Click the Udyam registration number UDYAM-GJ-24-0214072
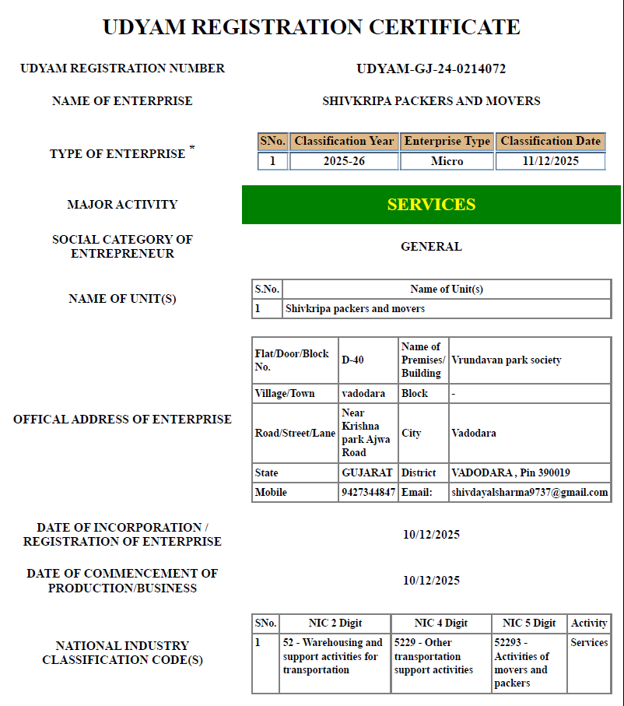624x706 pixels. pos(431,68)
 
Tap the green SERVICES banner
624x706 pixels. pos(431,205)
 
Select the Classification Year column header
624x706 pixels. pos(344,142)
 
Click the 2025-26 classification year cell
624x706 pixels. pos(344,161)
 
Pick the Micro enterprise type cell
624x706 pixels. pos(447,161)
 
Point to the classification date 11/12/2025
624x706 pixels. pos(551,161)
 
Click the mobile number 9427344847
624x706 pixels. pos(368,493)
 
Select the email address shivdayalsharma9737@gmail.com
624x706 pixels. pos(529,493)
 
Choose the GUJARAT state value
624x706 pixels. pos(367,472)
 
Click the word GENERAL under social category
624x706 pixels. pos(431,247)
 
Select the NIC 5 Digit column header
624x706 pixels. pos(529,623)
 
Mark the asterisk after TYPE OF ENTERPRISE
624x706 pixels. pos(192,148)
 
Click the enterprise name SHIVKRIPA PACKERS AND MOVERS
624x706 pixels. pos(431,101)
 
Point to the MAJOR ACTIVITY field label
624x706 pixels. pos(122,205)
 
